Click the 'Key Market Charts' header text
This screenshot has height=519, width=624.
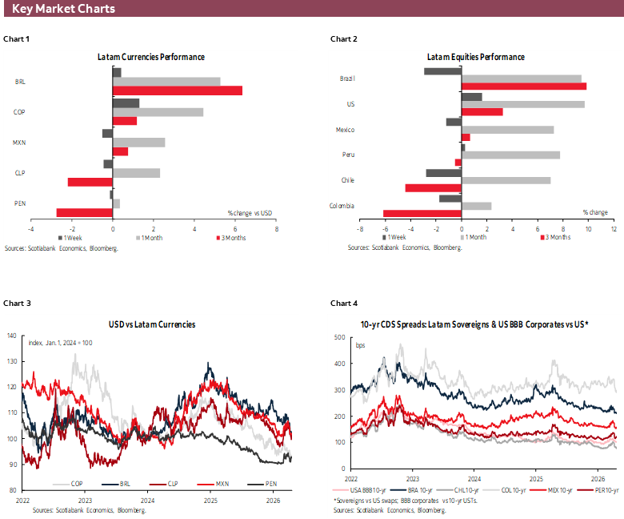(x=63, y=10)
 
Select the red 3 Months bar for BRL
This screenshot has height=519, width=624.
(x=178, y=91)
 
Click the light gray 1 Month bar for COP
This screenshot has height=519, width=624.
(x=158, y=112)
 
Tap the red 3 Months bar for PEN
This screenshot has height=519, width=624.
(x=85, y=212)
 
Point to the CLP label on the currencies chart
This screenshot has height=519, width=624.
(x=20, y=172)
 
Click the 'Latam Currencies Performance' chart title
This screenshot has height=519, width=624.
(x=151, y=58)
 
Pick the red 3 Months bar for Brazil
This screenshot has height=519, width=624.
(x=524, y=86)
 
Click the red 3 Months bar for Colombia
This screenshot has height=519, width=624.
(x=422, y=213)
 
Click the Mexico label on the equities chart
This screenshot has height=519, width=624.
(x=345, y=130)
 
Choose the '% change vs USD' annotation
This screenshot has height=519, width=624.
(x=250, y=212)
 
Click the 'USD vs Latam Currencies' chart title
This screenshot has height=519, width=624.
(x=152, y=324)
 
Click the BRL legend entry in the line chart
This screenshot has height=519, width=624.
(x=116, y=484)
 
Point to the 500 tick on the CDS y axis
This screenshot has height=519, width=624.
(x=339, y=336)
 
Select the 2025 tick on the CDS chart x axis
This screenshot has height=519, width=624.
(x=533, y=476)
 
